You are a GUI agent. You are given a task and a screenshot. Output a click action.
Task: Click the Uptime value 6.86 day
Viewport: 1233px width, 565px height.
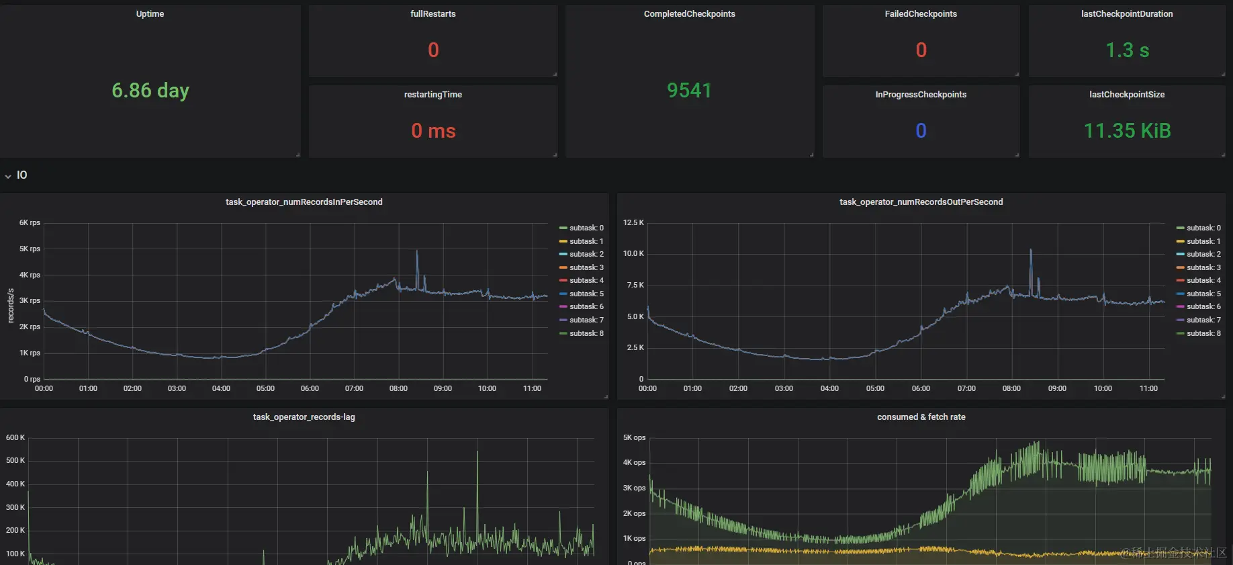pyautogui.click(x=150, y=91)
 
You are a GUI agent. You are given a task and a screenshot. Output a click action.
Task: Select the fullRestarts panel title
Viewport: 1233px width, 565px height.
pyautogui.click(x=433, y=14)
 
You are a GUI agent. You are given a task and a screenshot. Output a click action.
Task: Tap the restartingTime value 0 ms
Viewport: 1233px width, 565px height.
pyautogui.click(x=433, y=131)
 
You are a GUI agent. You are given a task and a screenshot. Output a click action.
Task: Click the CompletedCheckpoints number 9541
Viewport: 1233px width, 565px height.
pyautogui.click(x=689, y=91)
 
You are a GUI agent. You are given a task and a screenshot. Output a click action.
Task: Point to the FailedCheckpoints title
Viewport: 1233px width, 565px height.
pyautogui.click(x=921, y=14)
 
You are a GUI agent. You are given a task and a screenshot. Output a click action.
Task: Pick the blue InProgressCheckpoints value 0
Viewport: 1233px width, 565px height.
pyautogui.click(x=921, y=131)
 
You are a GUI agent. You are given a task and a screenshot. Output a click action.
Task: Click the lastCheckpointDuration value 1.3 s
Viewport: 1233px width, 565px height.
pyautogui.click(x=1127, y=50)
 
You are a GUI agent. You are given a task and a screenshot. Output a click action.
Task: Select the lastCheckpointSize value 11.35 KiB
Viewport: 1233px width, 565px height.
pyautogui.click(x=1127, y=131)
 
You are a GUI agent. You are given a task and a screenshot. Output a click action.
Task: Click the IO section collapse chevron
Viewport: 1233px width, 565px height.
pyautogui.click(x=8, y=176)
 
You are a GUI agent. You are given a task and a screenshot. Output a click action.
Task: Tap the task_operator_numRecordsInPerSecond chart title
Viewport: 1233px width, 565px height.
pyautogui.click(x=304, y=202)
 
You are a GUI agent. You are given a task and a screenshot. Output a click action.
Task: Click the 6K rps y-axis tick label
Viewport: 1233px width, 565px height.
pyautogui.click(x=30, y=223)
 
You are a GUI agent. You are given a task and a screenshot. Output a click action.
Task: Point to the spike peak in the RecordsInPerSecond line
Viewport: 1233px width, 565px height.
pyautogui.click(x=417, y=251)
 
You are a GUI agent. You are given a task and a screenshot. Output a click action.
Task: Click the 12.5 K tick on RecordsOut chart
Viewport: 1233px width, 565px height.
pyautogui.click(x=633, y=223)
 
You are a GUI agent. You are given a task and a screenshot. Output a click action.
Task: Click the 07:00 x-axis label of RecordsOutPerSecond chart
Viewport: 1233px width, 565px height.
pyautogui.click(x=966, y=389)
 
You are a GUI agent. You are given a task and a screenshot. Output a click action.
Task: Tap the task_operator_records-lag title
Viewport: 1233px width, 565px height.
pyautogui.click(x=304, y=417)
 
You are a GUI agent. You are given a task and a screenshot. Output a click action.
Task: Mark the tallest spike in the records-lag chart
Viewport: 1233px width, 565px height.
pyautogui.click(x=477, y=451)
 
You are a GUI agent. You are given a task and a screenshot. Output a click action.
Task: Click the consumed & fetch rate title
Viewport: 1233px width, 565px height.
pyautogui.click(x=921, y=417)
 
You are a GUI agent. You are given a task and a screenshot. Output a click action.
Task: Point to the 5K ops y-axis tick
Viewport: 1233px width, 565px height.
pyautogui.click(x=634, y=438)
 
